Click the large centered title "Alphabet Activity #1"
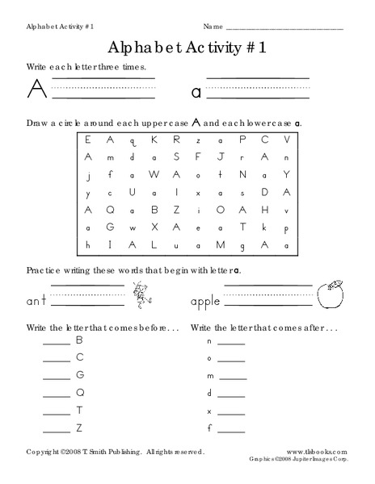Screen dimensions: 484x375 pyautogui.click(x=187, y=47)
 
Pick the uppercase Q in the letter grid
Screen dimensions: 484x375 pyautogui.click(x=87, y=210)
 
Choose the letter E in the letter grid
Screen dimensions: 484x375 pyautogui.click(x=88, y=140)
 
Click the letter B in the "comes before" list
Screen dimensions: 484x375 pyautogui.click(x=80, y=340)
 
